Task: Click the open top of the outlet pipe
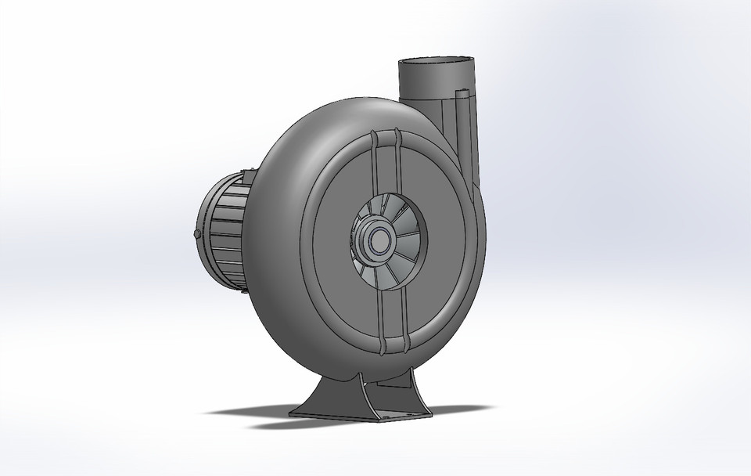tap(438, 61)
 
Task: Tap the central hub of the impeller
tap(381, 240)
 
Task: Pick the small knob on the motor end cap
tap(196, 234)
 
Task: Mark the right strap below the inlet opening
tap(405, 313)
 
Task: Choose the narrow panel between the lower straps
tap(395, 313)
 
